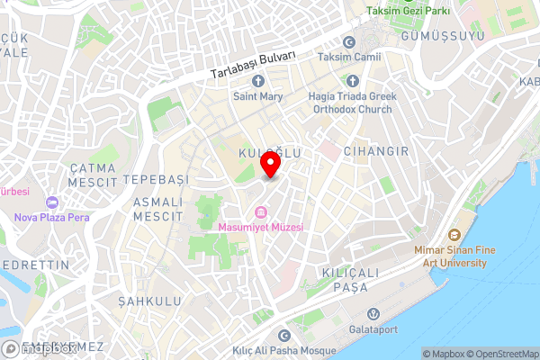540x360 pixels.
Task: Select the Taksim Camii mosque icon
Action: click(x=349, y=42)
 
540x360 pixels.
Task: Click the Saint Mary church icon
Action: click(x=256, y=81)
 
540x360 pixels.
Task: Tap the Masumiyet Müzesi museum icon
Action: click(x=260, y=212)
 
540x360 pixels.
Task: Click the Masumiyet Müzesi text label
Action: click(x=260, y=227)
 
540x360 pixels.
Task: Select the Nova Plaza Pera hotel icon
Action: click(x=50, y=202)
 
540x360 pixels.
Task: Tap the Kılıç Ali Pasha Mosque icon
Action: click(x=285, y=336)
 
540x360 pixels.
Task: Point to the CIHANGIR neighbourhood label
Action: click(x=375, y=151)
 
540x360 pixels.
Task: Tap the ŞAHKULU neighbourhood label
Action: click(x=148, y=301)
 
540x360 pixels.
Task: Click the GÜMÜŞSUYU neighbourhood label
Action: click(x=446, y=35)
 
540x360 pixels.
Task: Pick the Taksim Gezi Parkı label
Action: click(x=413, y=13)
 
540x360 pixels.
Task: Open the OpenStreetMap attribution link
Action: click(x=503, y=354)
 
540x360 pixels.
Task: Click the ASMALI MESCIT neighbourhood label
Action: click(x=157, y=210)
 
